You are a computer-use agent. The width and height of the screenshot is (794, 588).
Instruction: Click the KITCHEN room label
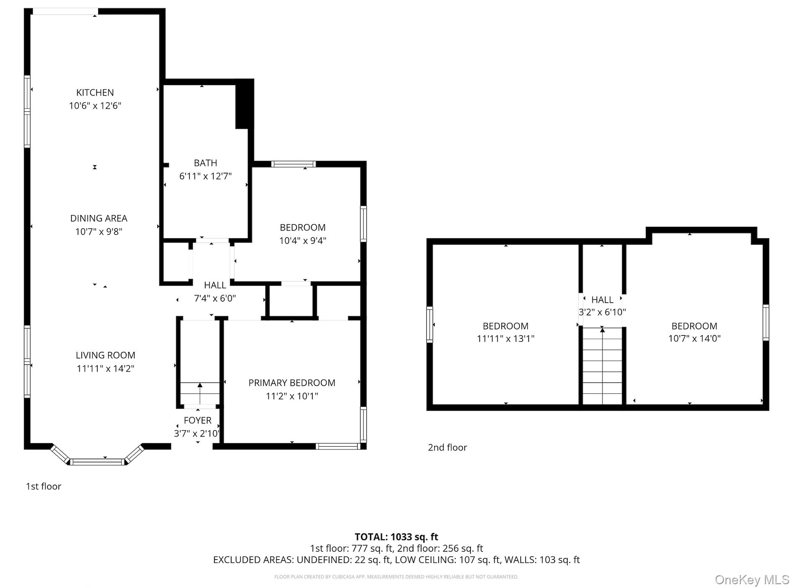click(95, 93)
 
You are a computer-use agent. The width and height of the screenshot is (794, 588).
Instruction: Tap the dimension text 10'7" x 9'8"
click(99, 232)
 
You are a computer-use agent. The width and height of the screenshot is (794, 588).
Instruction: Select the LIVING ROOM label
click(105, 355)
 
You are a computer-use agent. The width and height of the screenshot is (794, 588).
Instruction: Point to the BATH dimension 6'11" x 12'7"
click(205, 176)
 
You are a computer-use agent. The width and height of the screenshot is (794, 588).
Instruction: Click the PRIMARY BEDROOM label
click(292, 383)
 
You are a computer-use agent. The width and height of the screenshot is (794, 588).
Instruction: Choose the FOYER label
click(197, 420)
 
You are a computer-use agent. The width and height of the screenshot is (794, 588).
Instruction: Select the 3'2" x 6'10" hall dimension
click(602, 312)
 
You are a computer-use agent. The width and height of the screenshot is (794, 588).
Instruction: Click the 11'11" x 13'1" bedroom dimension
click(505, 338)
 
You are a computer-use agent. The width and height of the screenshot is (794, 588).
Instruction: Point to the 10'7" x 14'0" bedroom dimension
click(694, 338)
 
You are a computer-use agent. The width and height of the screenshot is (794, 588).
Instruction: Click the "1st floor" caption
click(44, 487)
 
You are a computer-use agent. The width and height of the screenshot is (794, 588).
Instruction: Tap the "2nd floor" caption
click(447, 448)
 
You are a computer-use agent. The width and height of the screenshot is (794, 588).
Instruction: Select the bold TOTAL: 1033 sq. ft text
click(396, 537)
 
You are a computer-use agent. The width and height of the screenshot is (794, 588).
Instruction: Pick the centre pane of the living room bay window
click(97, 462)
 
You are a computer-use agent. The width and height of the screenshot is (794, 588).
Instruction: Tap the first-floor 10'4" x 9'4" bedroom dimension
click(303, 241)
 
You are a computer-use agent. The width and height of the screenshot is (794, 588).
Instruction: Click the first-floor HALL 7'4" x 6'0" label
click(215, 292)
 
